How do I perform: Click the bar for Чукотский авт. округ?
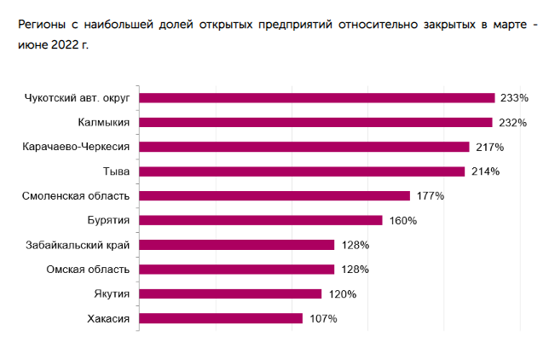[x=316, y=97]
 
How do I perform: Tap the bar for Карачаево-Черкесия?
[x=304, y=147]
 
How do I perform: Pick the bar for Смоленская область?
[x=274, y=196]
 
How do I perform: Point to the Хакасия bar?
[x=220, y=319]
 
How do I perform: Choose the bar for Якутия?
[x=229, y=294]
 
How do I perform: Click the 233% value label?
[x=515, y=98]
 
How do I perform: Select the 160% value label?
[x=402, y=221]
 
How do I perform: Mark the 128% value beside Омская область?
[x=355, y=270]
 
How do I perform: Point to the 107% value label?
[x=323, y=319]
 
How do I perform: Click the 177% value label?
[x=431, y=196]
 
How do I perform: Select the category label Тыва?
[x=116, y=171]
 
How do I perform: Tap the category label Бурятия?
[x=108, y=221]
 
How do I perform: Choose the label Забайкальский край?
[x=78, y=246]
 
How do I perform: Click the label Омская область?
[x=88, y=270]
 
